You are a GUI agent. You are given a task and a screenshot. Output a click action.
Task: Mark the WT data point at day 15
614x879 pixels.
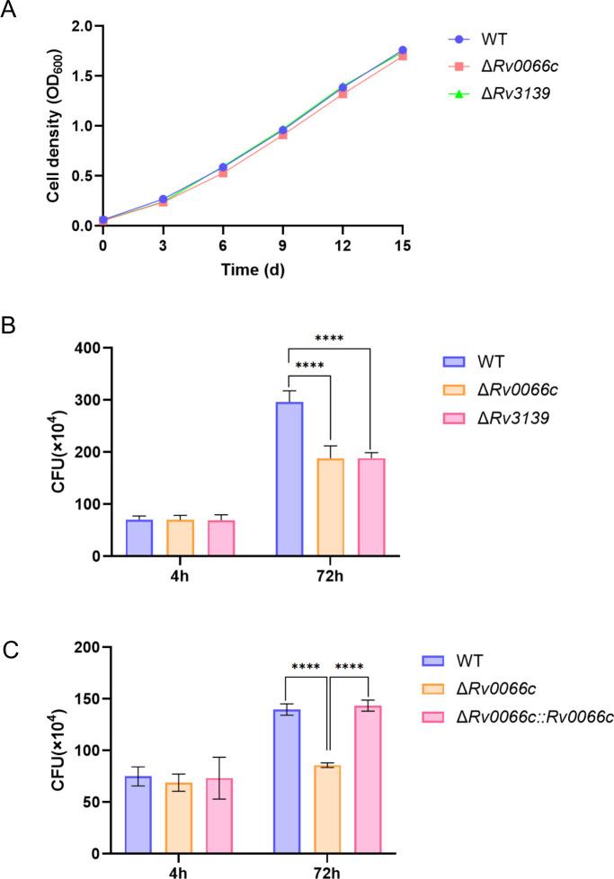pos(402,50)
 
